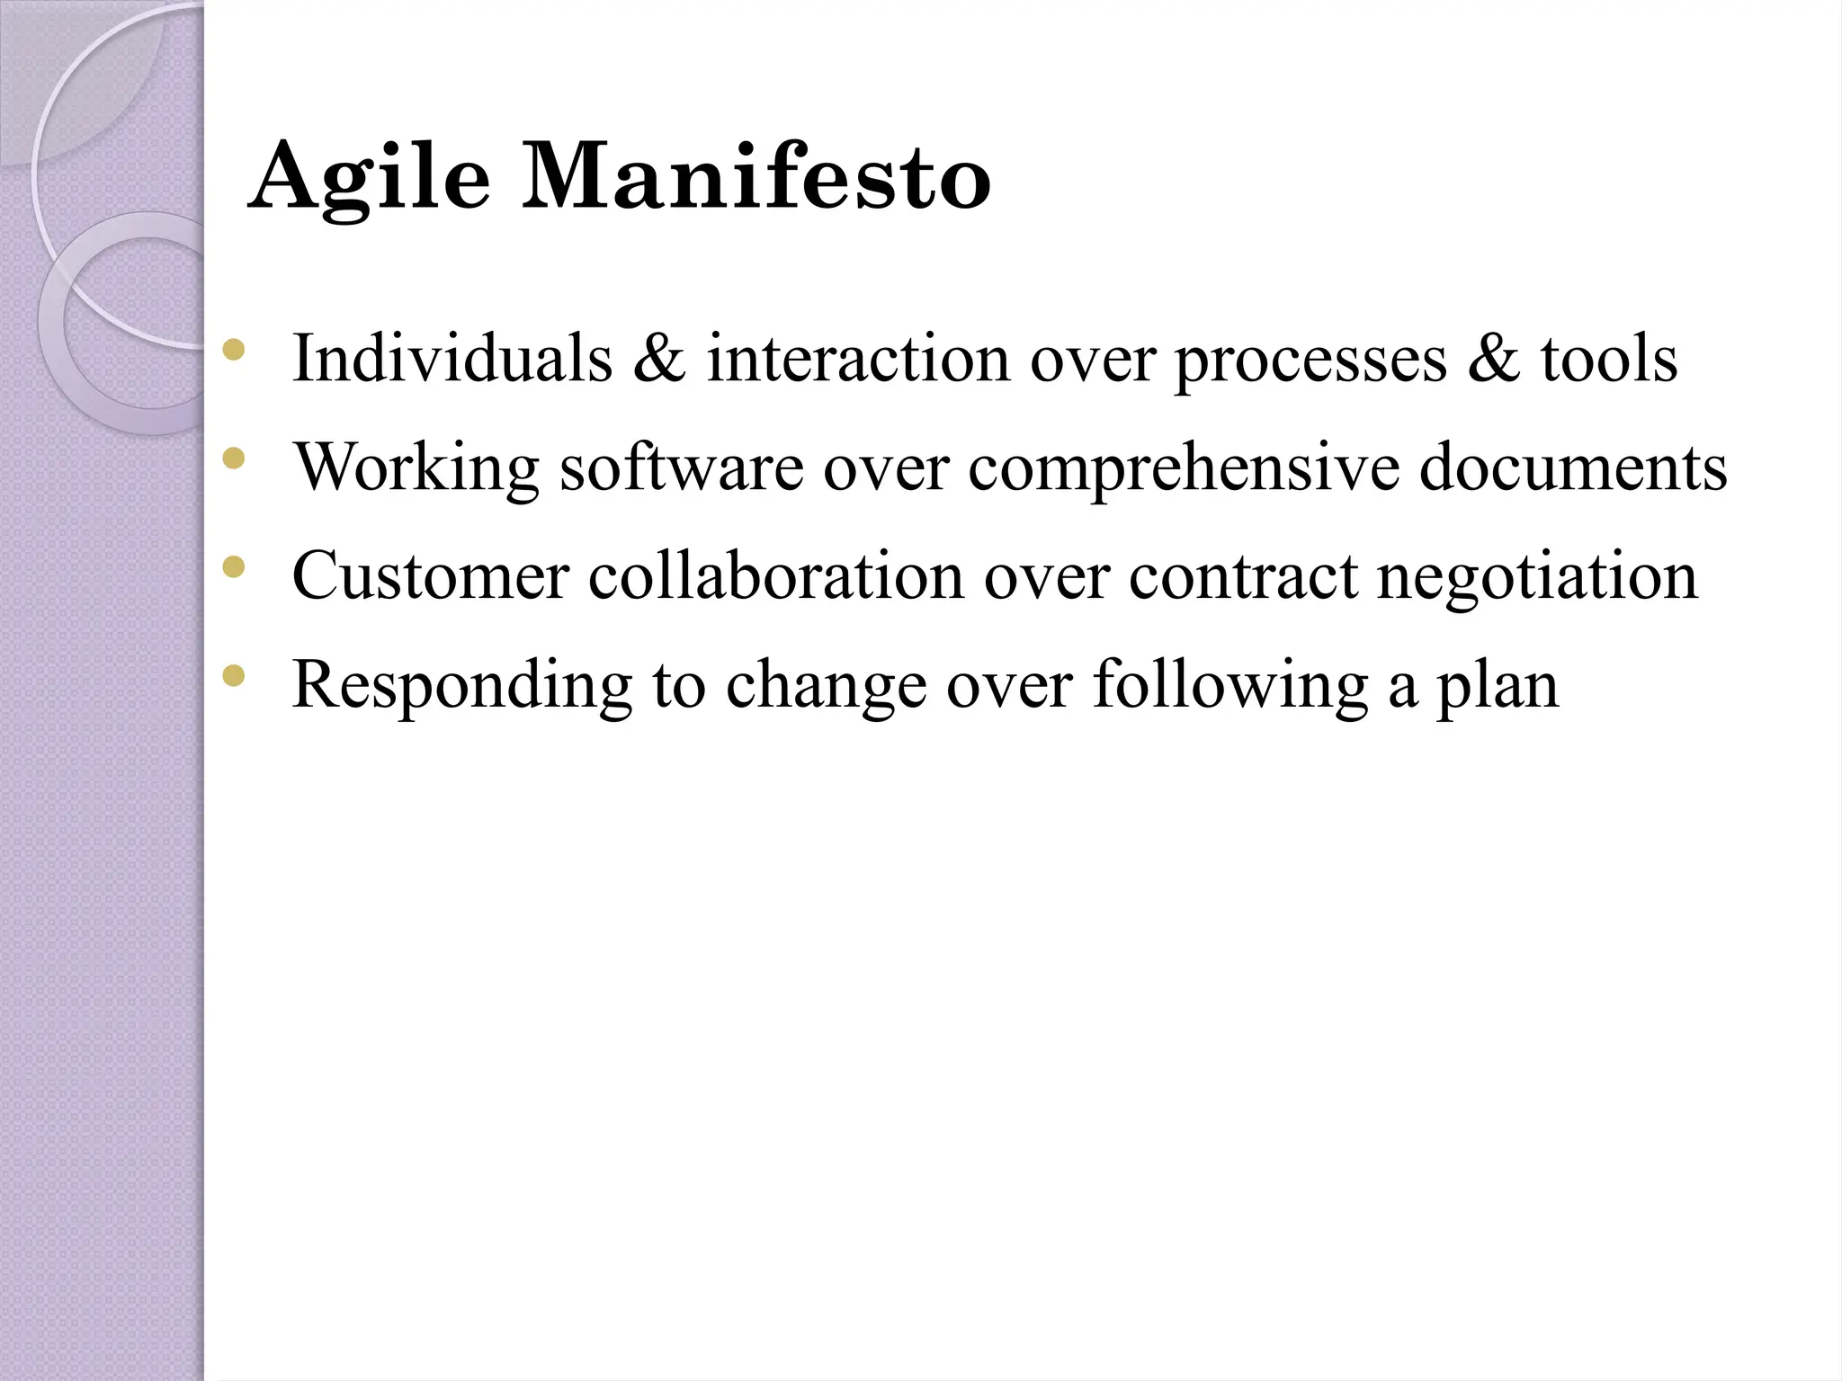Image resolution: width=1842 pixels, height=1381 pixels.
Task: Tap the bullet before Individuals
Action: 233,351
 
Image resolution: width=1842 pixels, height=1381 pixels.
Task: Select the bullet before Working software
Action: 233,459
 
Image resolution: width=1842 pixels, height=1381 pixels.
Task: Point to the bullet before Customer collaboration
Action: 233,567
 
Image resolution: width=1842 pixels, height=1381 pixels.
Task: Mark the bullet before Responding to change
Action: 233,676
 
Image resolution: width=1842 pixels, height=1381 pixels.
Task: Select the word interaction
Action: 858,359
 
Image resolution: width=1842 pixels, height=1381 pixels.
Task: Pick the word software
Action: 681,468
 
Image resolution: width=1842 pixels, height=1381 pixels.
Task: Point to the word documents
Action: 1573,468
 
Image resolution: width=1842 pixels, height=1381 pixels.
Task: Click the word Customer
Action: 431,576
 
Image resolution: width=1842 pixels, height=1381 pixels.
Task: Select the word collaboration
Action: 776,576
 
